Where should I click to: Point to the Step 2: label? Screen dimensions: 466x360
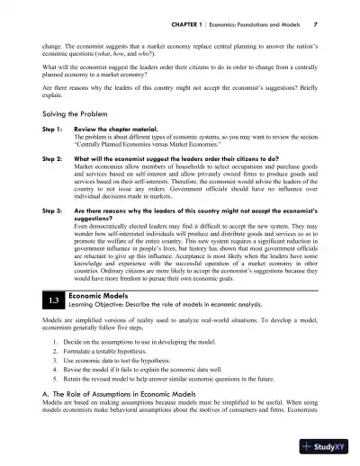coord(48,158)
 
